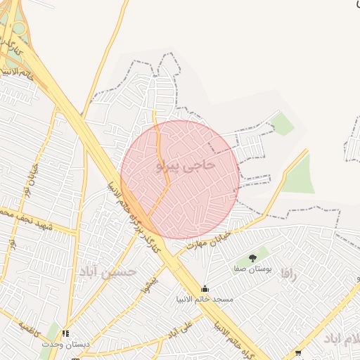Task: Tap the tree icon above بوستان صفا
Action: (x=252, y=258)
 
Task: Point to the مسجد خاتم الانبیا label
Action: (x=205, y=300)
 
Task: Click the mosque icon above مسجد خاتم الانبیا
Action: (x=205, y=288)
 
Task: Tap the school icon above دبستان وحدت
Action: (x=65, y=334)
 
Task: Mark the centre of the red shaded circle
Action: (x=180, y=179)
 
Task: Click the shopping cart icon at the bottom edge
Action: (x=298, y=354)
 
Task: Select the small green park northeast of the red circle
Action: (x=283, y=124)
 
